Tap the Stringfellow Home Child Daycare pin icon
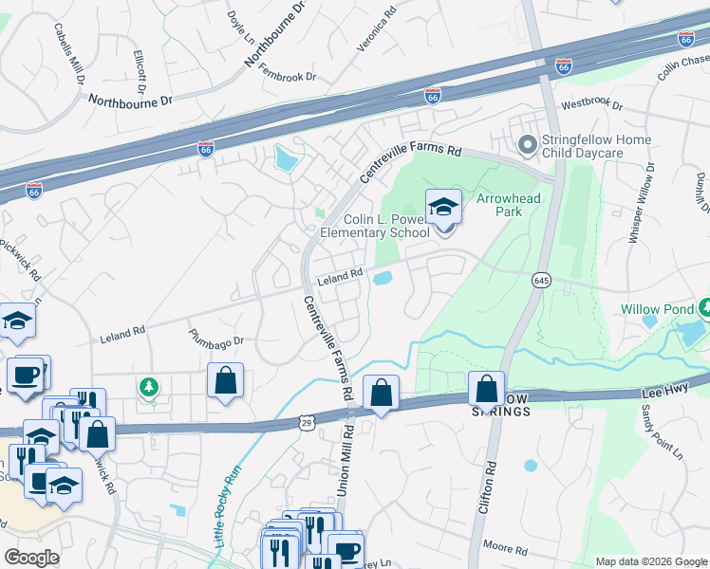(x=527, y=145)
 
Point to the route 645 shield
(x=541, y=281)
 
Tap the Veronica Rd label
(x=376, y=30)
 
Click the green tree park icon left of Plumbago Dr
(x=148, y=386)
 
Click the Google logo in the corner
(x=31, y=558)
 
